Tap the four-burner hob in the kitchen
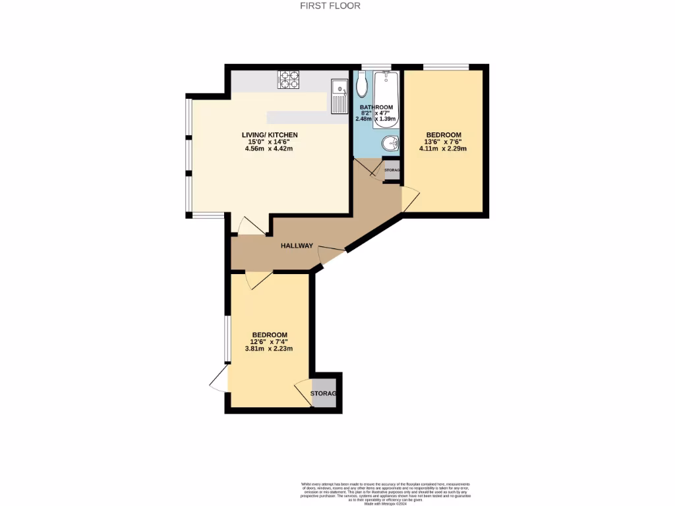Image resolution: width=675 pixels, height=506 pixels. pos(288,80)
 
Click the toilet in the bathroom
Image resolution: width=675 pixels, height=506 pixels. pos(362,84)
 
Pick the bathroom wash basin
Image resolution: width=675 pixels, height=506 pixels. pos(390,142)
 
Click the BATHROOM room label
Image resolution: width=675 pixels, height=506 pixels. pos(376,107)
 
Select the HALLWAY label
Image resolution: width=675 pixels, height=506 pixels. pos(297,246)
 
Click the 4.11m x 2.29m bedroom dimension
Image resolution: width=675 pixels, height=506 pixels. pos(443,148)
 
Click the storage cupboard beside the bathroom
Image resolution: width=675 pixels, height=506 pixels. pos(392,170)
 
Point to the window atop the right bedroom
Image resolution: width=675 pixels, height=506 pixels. pos(446,67)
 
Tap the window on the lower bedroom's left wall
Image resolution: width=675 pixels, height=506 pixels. pos(227,339)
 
